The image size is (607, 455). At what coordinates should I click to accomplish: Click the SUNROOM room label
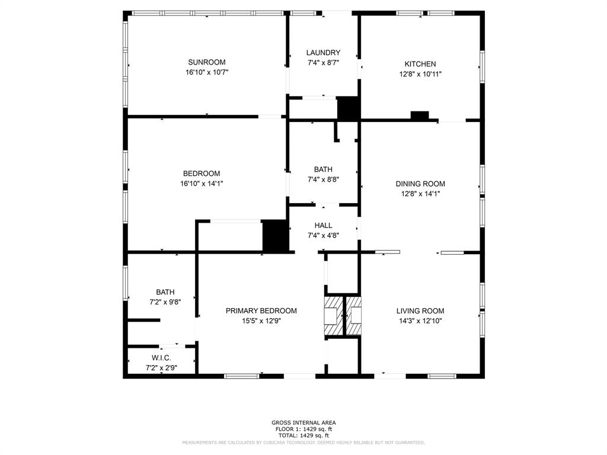206,62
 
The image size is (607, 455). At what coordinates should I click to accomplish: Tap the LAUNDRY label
323,53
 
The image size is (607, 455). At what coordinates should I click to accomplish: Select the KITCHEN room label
420,64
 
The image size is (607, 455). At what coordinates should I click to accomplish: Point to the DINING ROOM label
420,184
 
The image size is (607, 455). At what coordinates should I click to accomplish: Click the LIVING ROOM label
420,311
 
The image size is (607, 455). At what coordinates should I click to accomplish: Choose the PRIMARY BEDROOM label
261,311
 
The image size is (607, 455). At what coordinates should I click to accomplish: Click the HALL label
323,225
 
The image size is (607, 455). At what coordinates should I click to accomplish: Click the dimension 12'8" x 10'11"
420,74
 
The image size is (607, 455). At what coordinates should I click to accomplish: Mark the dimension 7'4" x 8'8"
323,179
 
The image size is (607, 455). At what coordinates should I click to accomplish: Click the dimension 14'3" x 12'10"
420,321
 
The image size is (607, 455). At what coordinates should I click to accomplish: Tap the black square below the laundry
348,109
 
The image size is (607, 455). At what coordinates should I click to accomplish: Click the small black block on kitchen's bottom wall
420,116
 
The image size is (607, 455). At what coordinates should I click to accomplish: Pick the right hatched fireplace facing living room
354,316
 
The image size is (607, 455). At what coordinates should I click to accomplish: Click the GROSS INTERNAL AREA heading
303,422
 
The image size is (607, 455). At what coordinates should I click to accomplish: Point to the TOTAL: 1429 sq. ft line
303,435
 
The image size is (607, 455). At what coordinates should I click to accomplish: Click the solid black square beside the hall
274,236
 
